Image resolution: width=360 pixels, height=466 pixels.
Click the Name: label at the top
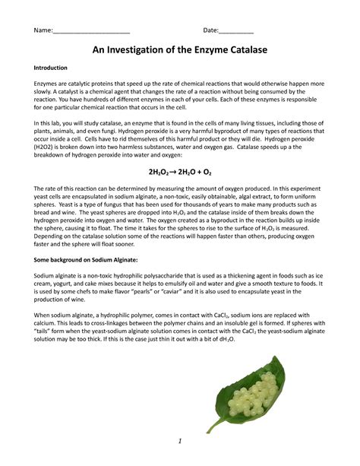(42, 31)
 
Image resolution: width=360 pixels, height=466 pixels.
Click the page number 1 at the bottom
(179, 441)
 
